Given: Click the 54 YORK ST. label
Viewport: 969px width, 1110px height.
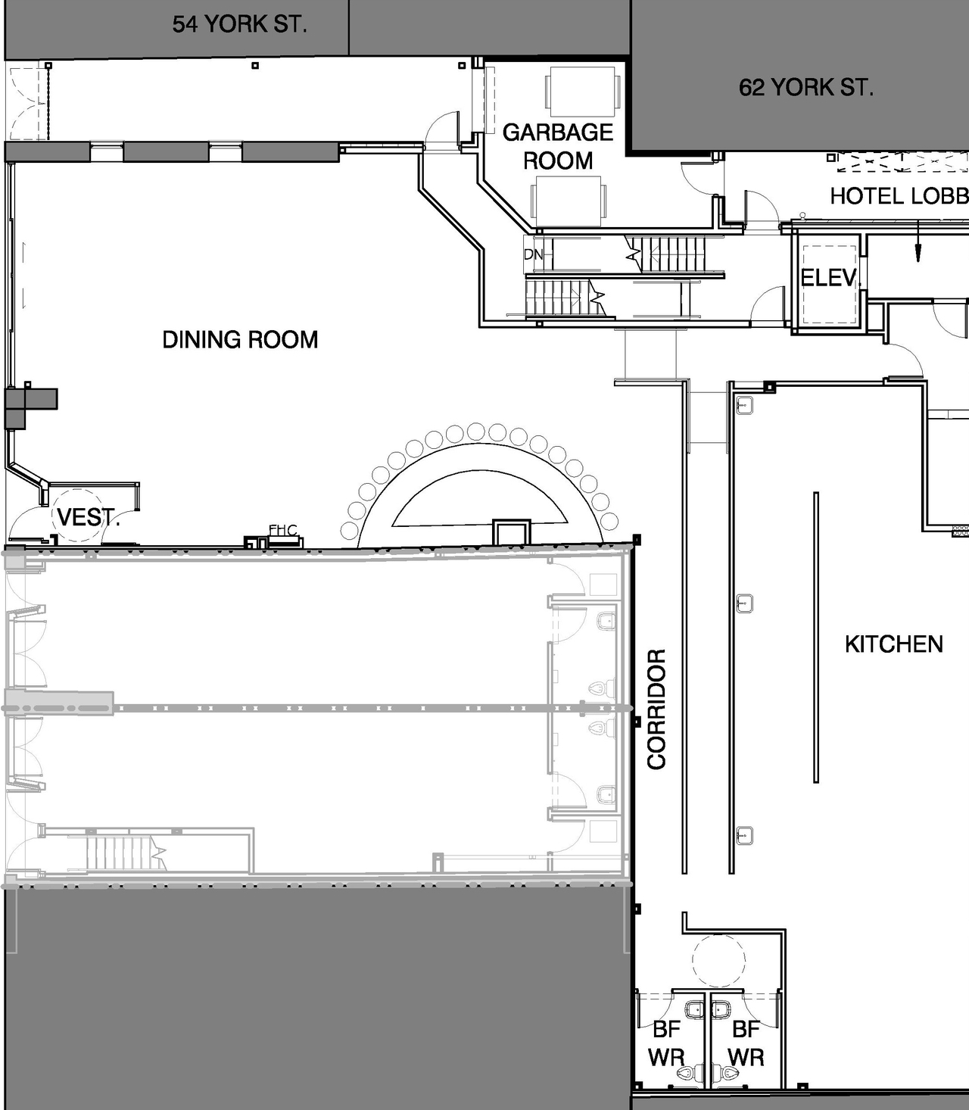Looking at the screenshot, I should pyautogui.click(x=239, y=24).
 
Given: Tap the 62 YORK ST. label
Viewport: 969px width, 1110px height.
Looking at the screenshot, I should pyautogui.click(x=805, y=87).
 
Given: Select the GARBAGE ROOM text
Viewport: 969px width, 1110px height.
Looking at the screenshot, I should pyautogui.click(x=558, y=146).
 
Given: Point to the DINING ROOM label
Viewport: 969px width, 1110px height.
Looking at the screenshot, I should pyautogui.click(x=240, y=339).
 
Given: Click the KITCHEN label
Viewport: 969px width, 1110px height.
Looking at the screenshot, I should pyautogui.click(x=893, y=644).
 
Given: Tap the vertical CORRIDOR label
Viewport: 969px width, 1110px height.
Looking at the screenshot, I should pyautogui.click(x=656, y=709).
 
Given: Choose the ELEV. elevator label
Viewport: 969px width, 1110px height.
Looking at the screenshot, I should pyautogui.click(x=830, y=279).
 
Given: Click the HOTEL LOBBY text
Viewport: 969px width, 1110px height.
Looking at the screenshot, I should pyautogui.click(x=899, y=196).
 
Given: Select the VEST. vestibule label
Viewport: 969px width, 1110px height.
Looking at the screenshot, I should pyautogui.click(x=87, y=518).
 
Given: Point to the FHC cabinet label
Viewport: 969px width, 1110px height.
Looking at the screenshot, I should pyautogui.click(x=282, y=530).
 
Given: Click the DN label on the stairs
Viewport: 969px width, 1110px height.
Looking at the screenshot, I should pyautogui.click(x=533, y=254).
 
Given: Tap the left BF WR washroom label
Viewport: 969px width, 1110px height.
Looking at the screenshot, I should pyautogui.click(x=666, y=1043).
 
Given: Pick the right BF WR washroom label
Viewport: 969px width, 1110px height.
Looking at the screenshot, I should pyautogui.click(x=746, y=1043).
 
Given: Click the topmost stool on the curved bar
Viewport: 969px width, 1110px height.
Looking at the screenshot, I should pyautogui.click(x=476, y=432).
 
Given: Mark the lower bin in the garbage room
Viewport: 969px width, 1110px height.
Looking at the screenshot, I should pyautogui.click(x=568, y=201).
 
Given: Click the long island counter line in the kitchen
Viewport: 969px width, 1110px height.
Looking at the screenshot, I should pyautogui.click(x=816, y=636).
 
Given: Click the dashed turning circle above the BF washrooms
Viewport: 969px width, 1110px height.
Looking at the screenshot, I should pyautogui.click(x=718, y=960).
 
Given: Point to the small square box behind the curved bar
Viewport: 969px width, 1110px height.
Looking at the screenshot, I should pyautogui.click(x=511, y=531).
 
